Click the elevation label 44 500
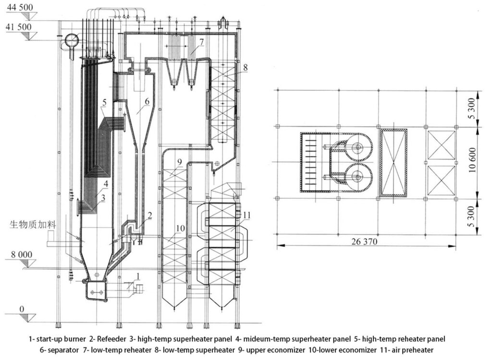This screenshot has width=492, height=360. click(x=20, y=7)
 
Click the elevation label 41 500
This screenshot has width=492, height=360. click(x=19, y=27)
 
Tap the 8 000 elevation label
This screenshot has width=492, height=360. click(x=22, y=254)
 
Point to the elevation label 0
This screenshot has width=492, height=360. click(x=22, y=309)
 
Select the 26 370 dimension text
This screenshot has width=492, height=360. click(x=365, y=241)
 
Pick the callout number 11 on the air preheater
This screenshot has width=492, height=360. click(x=247, y=216)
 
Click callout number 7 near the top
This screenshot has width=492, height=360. click(x=201, y=41)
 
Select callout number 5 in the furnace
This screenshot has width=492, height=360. click(x=104, y=102)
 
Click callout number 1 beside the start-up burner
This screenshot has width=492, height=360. click(x=138, y=276)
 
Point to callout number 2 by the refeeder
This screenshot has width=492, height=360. click(x=150, y=215)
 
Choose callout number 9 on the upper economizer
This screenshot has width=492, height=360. click(x=179, y=162)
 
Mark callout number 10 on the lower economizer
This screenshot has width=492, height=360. click(x=181, y=228)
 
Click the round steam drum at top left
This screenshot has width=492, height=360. click(x=72, y=39)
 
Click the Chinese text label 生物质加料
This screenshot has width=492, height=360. click(x=33, y=225)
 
